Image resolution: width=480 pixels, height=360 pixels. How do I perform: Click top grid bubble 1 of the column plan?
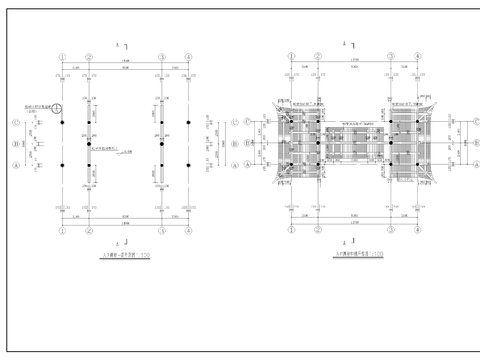62,57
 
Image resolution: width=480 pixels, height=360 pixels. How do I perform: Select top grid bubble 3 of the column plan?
161,57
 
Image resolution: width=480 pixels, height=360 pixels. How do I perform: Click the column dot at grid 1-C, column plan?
62,122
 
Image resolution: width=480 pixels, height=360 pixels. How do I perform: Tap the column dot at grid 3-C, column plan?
161,122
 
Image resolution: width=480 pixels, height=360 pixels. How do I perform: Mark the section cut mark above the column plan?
121,46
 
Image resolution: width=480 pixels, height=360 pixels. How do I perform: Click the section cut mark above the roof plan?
352,46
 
